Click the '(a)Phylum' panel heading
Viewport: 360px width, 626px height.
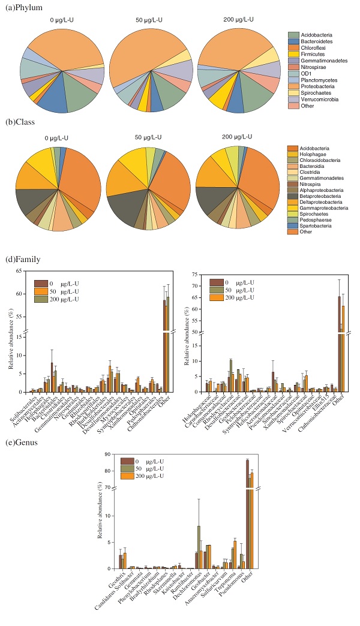(20, 8)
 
